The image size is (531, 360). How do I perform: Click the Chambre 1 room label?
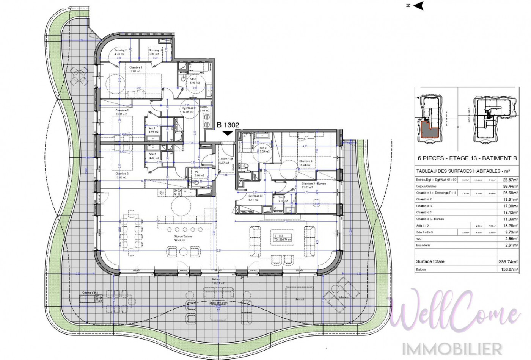coord(135,67)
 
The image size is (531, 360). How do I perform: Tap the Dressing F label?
coord(120,50)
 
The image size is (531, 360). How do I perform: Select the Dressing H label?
coord(155,50)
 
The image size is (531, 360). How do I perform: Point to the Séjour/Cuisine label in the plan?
coord(183,236)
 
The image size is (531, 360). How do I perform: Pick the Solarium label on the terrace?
coord(344,297)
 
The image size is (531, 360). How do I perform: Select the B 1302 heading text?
coord(228,125)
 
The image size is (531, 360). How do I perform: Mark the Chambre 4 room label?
coord(305,161)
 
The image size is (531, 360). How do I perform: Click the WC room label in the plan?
coord(196,172)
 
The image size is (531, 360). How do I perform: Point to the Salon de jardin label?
coord(220,303)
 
